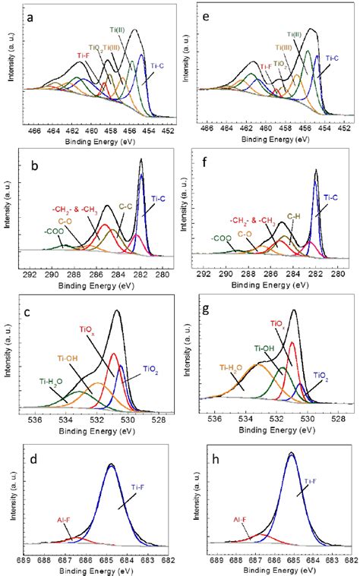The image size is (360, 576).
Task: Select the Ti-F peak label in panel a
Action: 84,55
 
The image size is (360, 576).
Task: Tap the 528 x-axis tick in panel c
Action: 158,418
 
